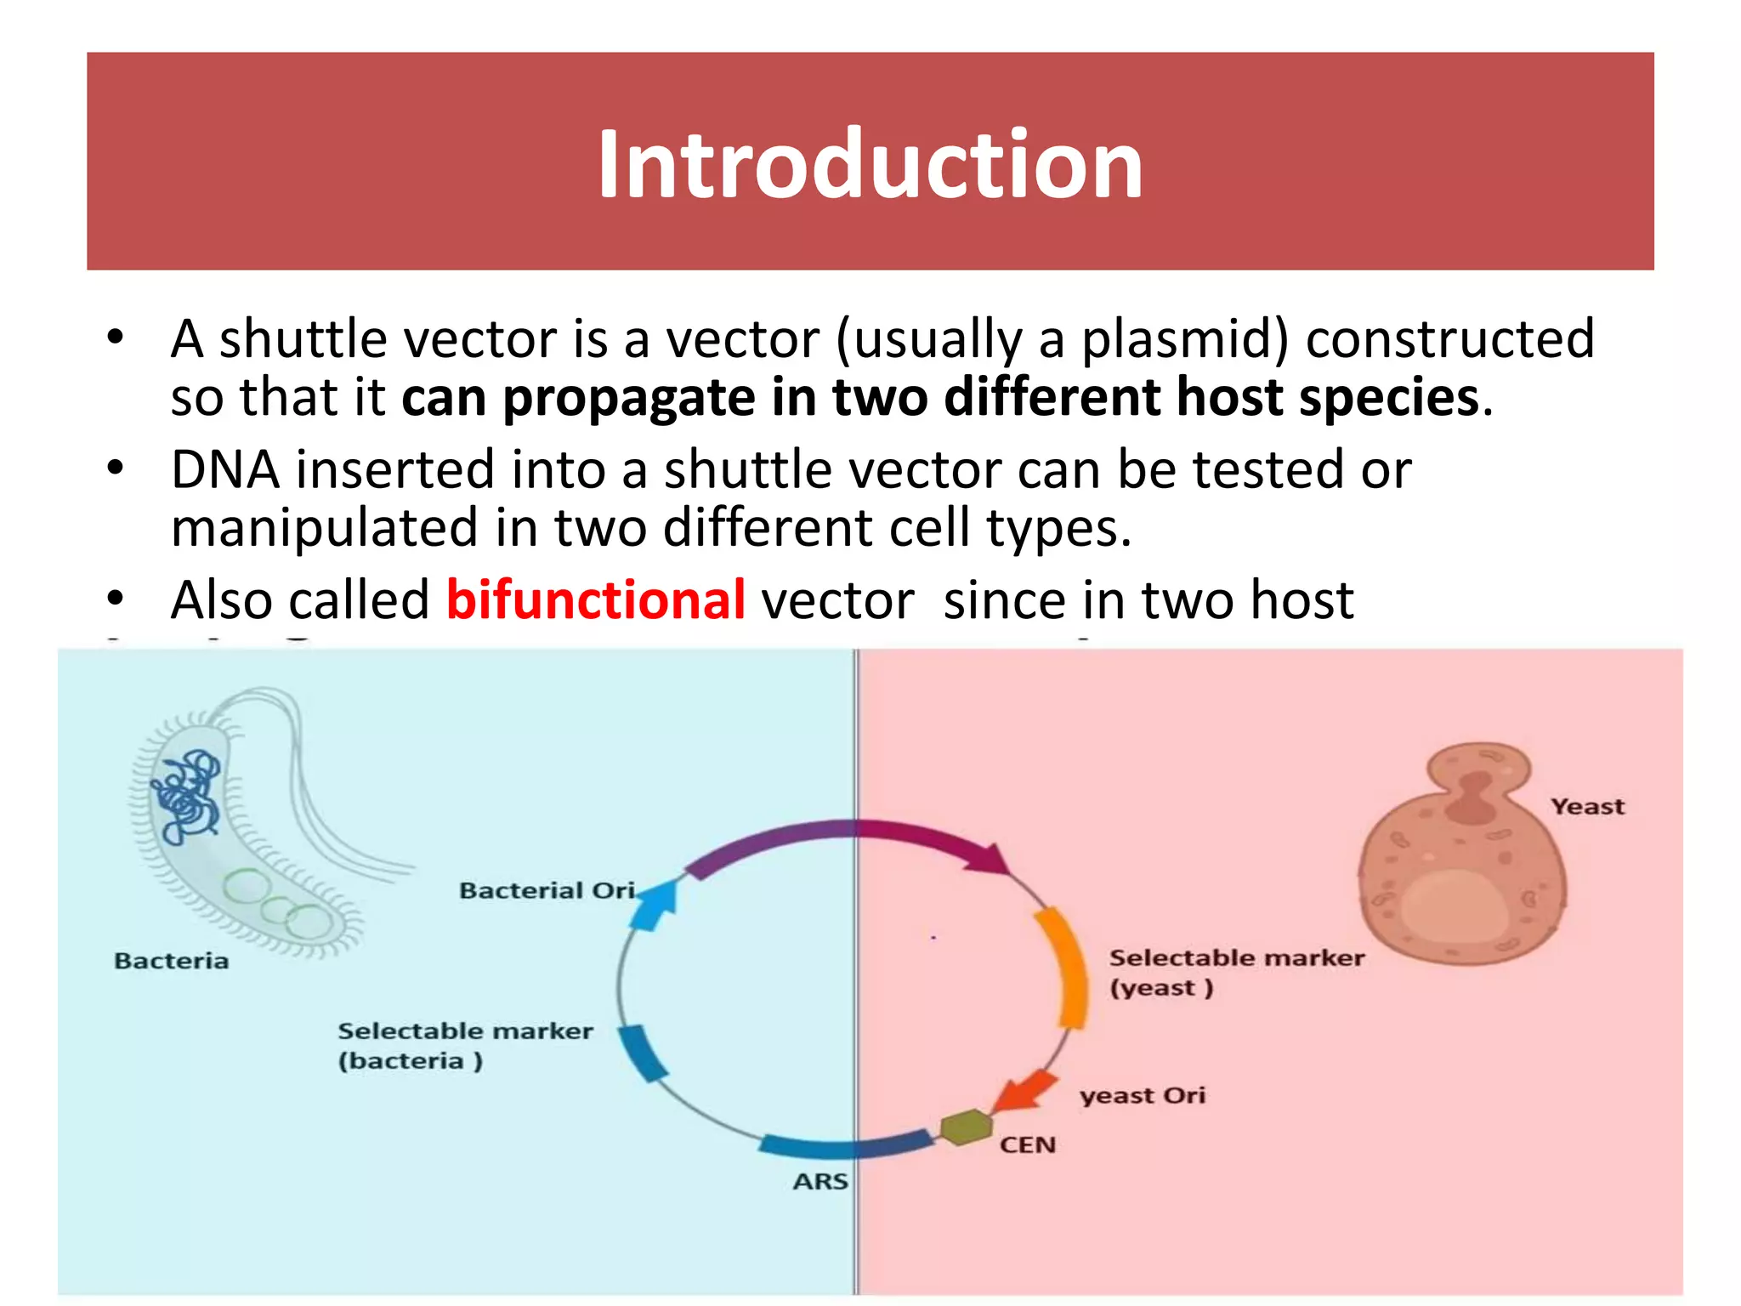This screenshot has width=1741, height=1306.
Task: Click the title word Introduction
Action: click(870, 163)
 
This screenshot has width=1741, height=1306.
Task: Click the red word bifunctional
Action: click(596, 600)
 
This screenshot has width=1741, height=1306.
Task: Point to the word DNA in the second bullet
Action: click(224, 469)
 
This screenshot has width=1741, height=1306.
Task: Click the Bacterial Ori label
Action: click(547, 890)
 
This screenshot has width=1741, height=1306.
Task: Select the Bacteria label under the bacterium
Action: click(171, 961)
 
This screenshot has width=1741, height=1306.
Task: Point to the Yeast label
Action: click(1586, 806)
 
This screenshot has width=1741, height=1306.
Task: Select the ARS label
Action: click(820, 1182)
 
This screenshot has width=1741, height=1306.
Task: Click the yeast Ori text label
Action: click(1142, 1095)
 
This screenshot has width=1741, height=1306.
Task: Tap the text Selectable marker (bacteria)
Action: click(464, 1046)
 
